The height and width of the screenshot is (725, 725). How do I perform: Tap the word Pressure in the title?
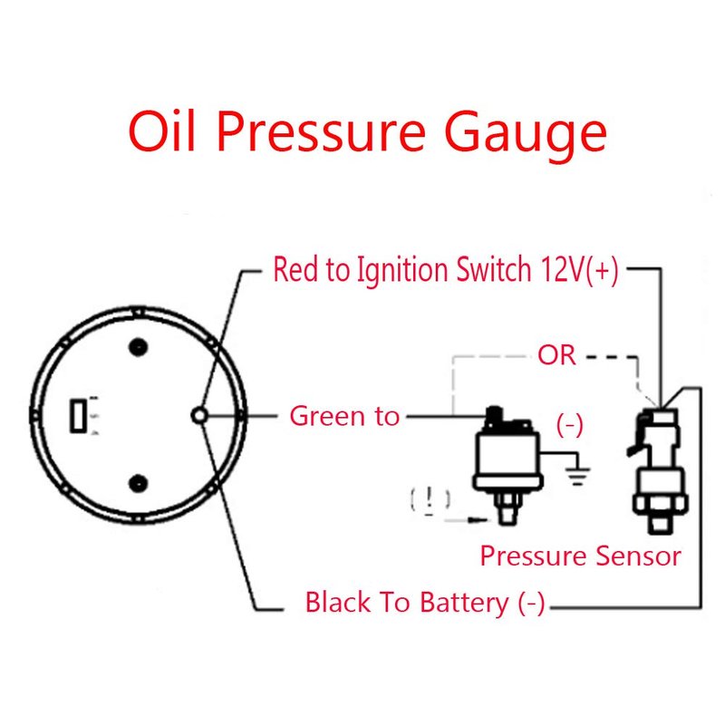pyautogui.click(x=320, y=131)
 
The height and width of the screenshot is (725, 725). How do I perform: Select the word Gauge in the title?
pyautogui.click(x=527, y=131)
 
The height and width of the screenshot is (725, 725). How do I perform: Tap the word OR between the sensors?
pyautogui.click(x=556, y=354)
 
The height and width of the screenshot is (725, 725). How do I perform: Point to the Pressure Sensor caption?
pyautogui.click(x=580, y=555)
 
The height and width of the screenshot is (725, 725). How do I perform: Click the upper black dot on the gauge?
pyautogui.click(x=138, y=345)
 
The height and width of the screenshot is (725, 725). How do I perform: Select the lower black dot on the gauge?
pyautogui.click(x=138, y=483)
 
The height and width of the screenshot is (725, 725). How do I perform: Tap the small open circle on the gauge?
pyautogui.click(x=200, y=415)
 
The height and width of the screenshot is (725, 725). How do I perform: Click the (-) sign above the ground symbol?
pyautogui.click(x=569, y=426)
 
